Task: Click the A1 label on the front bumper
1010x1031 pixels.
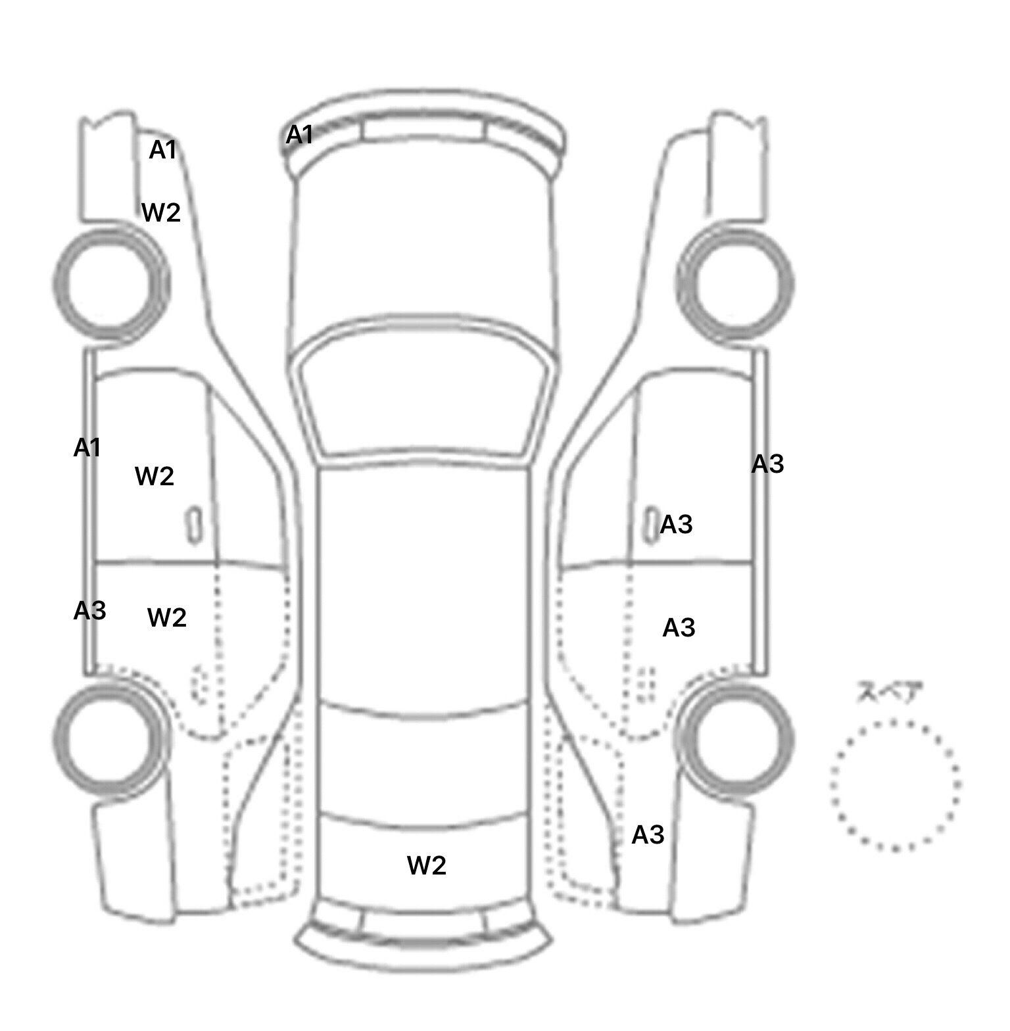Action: (299, 135)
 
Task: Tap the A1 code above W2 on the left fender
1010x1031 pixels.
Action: (163, 150)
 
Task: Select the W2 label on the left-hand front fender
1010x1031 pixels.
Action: (161, 212)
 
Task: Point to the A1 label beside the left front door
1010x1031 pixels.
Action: (87, 448)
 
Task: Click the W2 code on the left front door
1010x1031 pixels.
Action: (155, 475)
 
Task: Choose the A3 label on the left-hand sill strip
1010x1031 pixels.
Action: (89, 611)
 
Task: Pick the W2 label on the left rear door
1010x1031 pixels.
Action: (167, 617)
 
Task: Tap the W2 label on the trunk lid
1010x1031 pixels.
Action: (427, 865)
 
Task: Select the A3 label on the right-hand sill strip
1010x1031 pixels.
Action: (768, 464)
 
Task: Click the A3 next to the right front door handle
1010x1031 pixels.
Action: (677, 525)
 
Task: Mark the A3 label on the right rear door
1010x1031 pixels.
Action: (679, 628)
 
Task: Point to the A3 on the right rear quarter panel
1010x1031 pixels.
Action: (648, 835)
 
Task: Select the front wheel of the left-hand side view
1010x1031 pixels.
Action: (111, 284)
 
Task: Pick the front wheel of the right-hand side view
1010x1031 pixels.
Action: (735, 284)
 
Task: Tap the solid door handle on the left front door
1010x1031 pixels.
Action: (194, 525)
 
